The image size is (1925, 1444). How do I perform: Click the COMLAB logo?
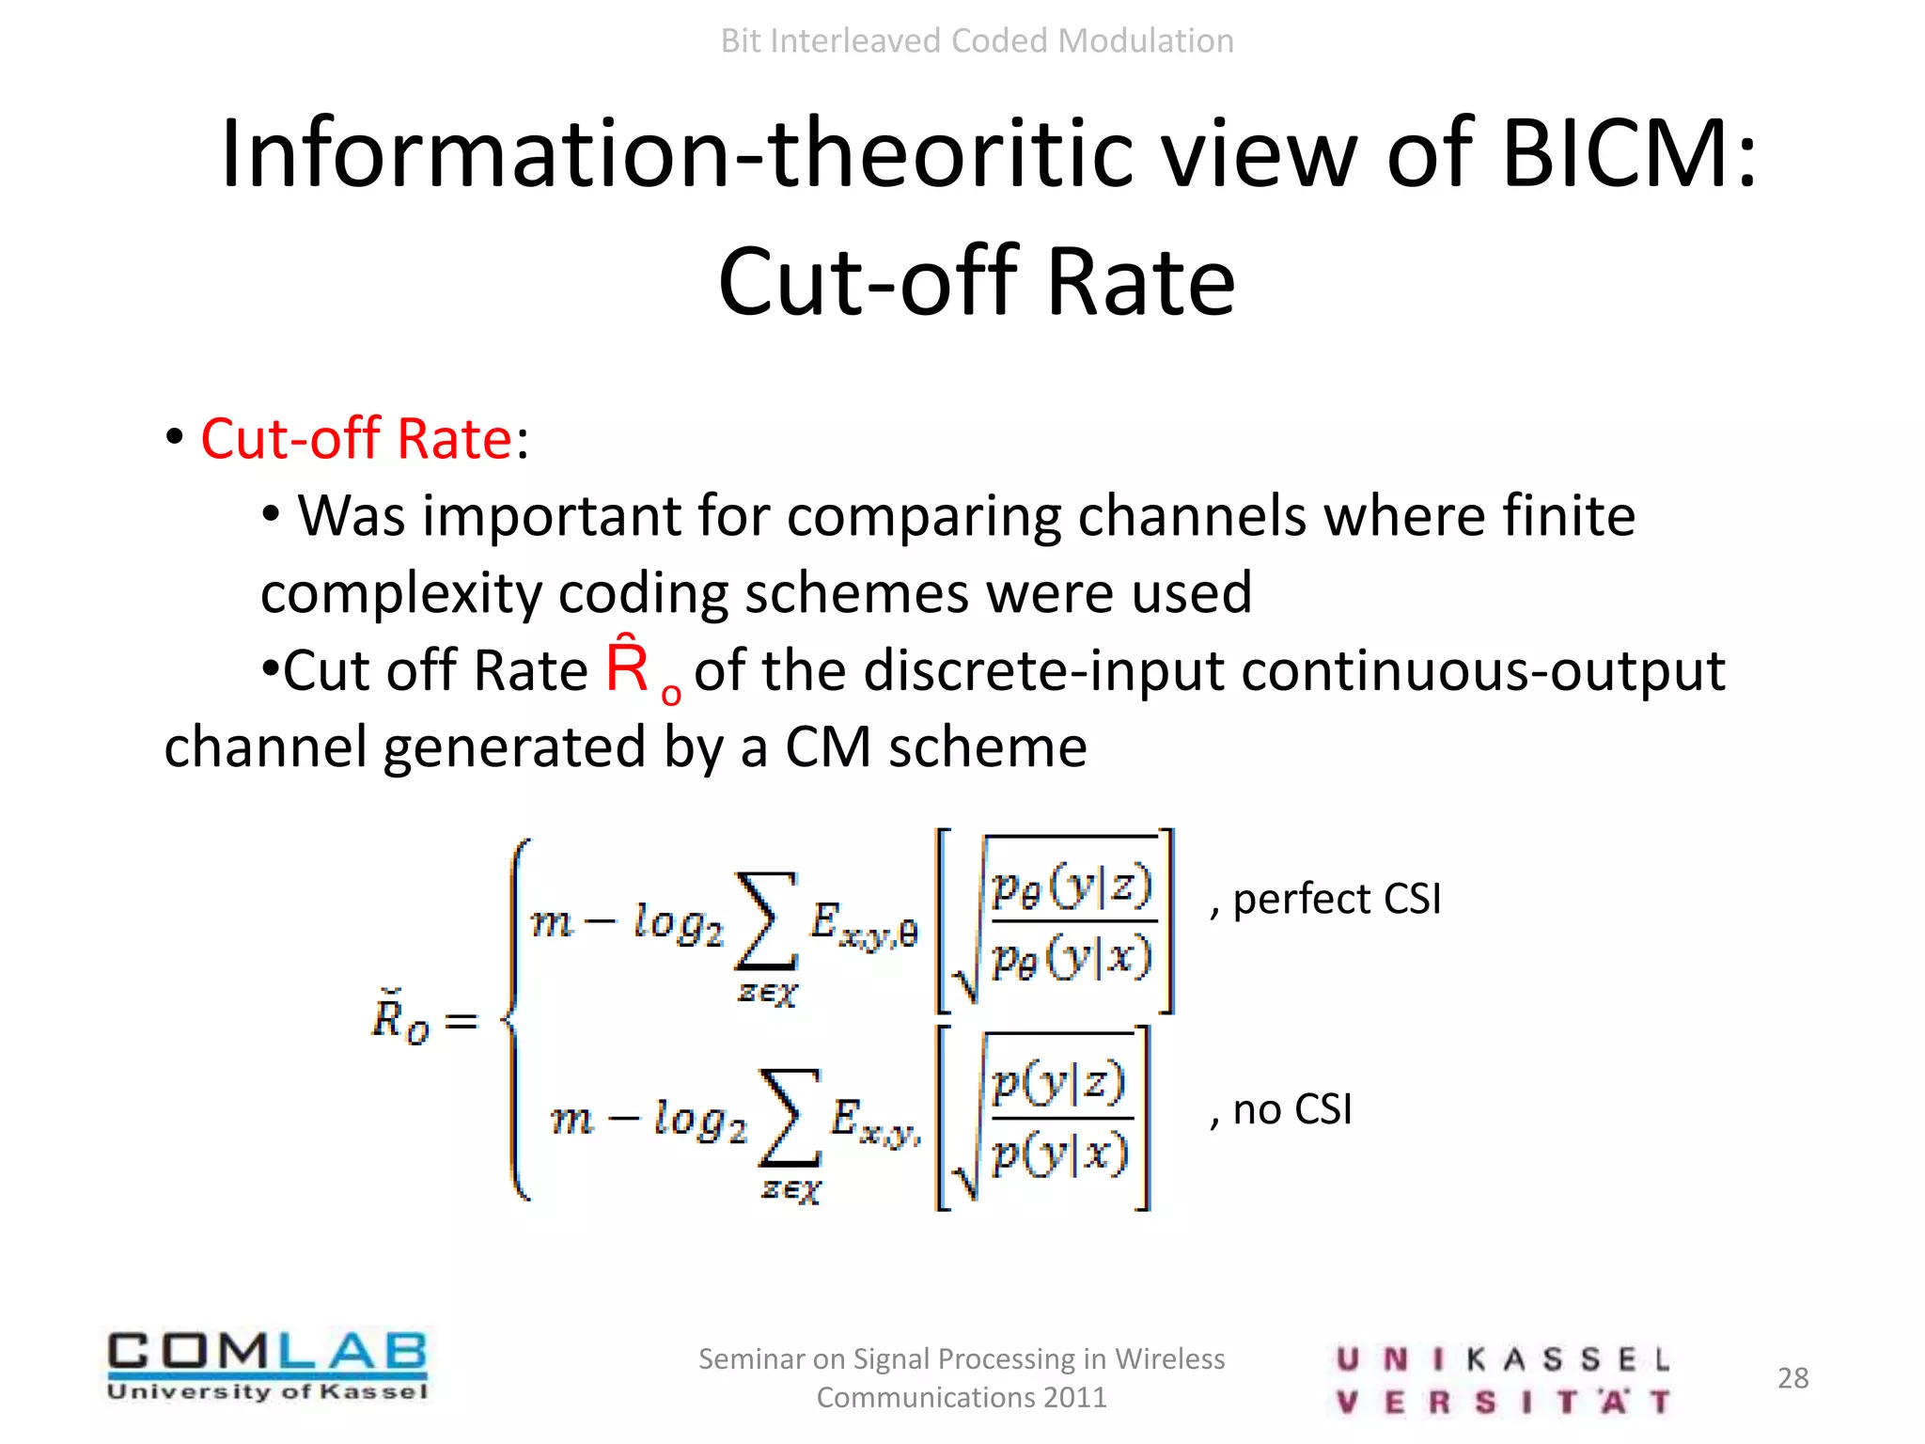pyautogui.click(x=267, y=1365)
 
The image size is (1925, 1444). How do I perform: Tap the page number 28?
pyautogui.click(x=1792, y=1378)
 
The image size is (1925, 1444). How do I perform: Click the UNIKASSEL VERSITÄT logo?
pyautogui.click(x=1501, y=1380)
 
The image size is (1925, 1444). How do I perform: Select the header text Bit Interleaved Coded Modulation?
pyautogui.click(x=977, y=41)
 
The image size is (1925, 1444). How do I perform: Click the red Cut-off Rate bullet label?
pyautogui.click(x=356, y=438)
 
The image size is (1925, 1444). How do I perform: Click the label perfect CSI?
pyautogui.click(x=1336, y=899)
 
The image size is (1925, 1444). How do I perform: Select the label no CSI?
pyautogui.click(x=1291, y=1109)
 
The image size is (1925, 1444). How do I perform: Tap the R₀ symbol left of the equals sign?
pyautogui.click(x=399, y=1018)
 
